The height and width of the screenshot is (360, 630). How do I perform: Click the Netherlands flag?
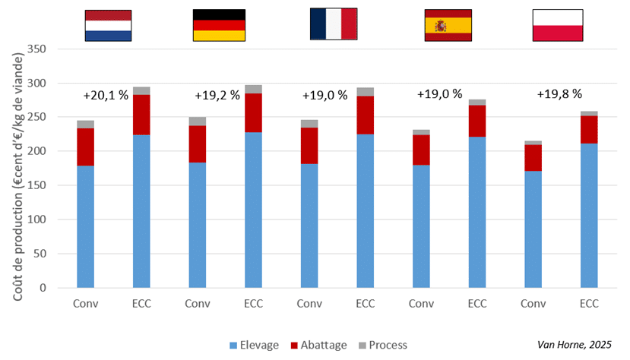108,25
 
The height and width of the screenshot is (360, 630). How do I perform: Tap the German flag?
219,25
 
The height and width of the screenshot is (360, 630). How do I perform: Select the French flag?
334,24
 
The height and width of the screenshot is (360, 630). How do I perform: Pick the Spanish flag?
448,25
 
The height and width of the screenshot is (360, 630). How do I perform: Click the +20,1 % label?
105,96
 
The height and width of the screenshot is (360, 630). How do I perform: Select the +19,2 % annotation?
218,96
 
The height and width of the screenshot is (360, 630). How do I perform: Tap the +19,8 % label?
560,94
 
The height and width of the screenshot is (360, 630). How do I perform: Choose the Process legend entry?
385,345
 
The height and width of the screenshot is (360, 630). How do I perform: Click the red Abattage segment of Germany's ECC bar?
253,112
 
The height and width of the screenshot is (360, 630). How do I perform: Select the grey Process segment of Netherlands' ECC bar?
141,90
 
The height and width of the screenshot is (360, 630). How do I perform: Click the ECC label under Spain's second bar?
477,304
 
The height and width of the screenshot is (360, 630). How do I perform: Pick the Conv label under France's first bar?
309,304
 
